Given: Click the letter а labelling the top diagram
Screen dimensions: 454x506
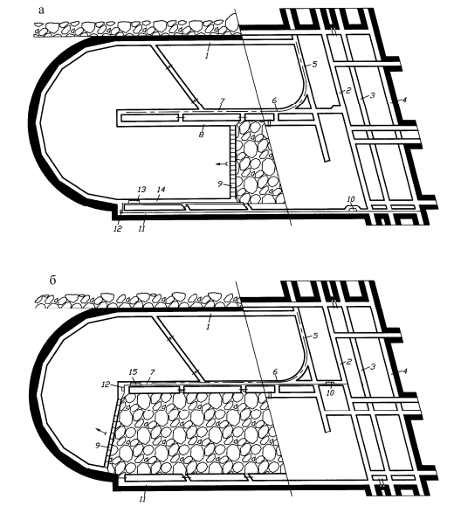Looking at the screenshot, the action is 41,10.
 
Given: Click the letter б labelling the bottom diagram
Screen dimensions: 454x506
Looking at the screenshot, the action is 52,280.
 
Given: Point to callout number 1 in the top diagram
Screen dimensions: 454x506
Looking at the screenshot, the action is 207,56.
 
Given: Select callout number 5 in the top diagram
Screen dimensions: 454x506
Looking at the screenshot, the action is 314,64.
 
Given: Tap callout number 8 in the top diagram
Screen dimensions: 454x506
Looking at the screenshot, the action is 202,134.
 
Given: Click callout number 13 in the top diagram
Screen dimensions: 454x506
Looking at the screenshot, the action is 141,190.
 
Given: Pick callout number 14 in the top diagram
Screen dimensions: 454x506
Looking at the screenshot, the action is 161,190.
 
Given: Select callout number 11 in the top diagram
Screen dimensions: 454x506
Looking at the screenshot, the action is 141,229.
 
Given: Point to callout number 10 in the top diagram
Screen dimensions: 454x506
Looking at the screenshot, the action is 351,199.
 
